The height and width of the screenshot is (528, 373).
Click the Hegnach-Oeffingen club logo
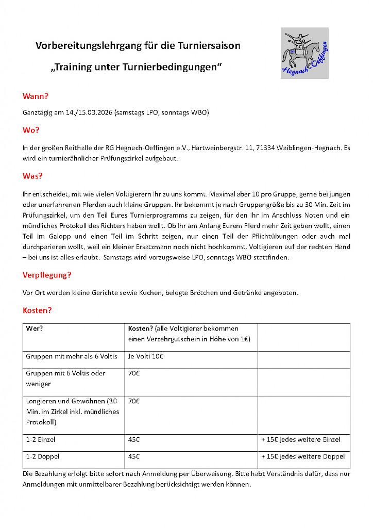(304, 53)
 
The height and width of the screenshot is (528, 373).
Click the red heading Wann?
(35, 96)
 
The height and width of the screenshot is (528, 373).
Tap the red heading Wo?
(31, 130)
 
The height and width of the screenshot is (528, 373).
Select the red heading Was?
(32, 176)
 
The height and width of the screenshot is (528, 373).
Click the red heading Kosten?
(38, 310)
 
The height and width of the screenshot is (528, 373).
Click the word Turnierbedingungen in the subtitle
(169, 68)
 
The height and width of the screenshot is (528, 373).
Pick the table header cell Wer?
(33, 328)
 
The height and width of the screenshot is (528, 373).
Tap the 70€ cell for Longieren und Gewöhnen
(134, 401)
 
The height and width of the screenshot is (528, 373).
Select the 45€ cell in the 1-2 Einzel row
(134, 440)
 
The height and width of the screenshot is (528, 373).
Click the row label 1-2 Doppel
(41, 456)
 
